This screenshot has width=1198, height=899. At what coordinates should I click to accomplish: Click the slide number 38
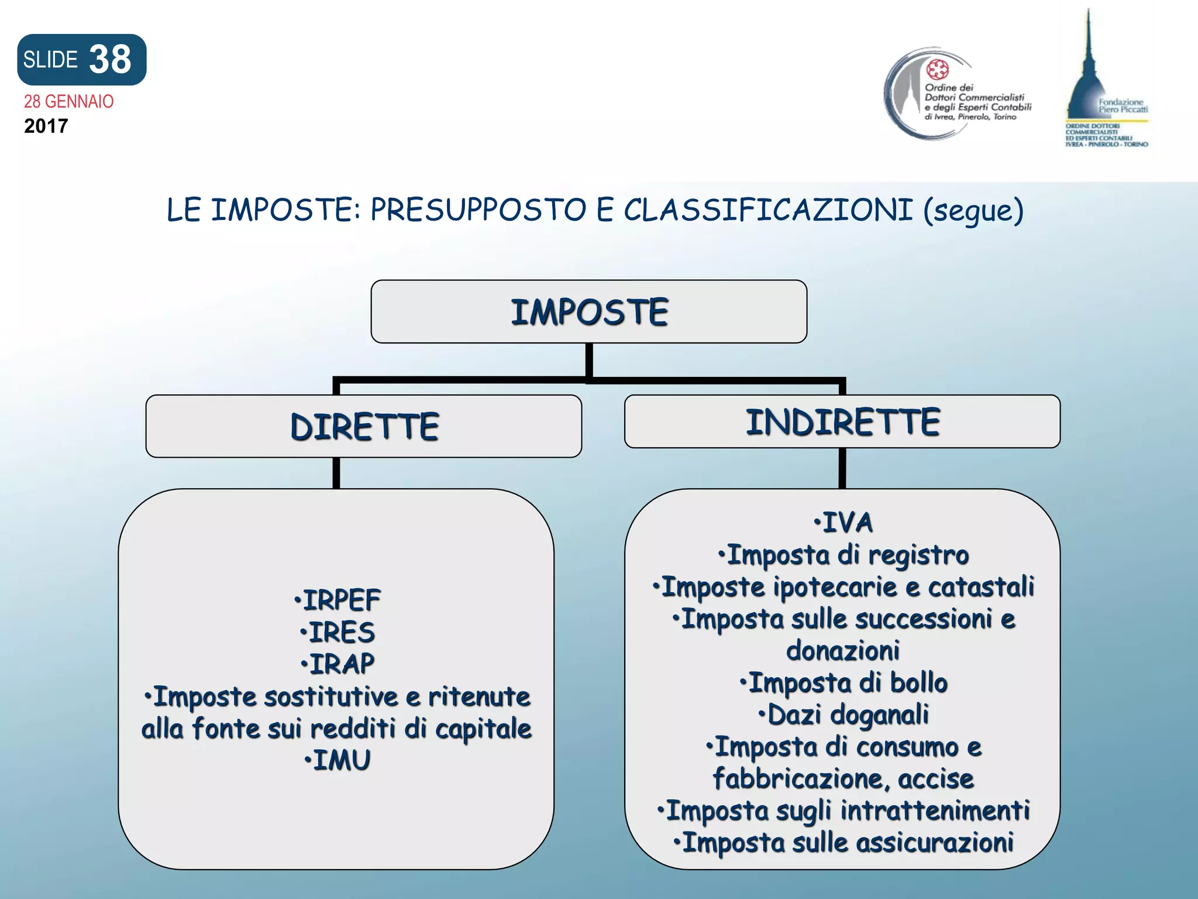pos(110,60)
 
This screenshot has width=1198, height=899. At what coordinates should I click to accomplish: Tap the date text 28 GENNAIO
pos(68,102)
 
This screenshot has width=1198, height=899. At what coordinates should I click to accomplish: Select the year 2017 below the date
pos(46,126)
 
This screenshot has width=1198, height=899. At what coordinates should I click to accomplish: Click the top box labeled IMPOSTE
pos(588,312)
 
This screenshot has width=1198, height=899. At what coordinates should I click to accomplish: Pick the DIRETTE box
pos(364,426)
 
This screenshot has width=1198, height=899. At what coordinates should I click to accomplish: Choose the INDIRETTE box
pos(842,422)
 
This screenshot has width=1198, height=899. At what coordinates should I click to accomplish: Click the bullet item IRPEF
pos(338,601)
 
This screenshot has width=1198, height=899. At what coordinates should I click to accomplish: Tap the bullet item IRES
pos(338,633)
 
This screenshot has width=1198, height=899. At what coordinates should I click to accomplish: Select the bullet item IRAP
pos(338,664)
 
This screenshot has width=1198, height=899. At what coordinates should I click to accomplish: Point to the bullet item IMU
pos(338,760)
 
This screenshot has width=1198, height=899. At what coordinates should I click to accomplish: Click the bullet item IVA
pos(844,523)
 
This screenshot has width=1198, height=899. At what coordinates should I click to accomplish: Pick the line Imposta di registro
pos(844,555)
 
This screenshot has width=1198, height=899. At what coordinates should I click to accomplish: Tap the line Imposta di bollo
pos(844,683)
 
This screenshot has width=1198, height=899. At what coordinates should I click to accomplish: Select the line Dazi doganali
pos(844,715)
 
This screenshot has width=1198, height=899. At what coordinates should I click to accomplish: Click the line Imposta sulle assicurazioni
pos(844,843)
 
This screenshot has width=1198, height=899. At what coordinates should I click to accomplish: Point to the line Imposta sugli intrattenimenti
pos(844,811)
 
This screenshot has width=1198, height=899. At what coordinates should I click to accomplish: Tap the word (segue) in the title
pos(973,211)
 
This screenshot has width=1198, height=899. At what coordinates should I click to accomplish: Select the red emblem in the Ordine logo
pos(938,70)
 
